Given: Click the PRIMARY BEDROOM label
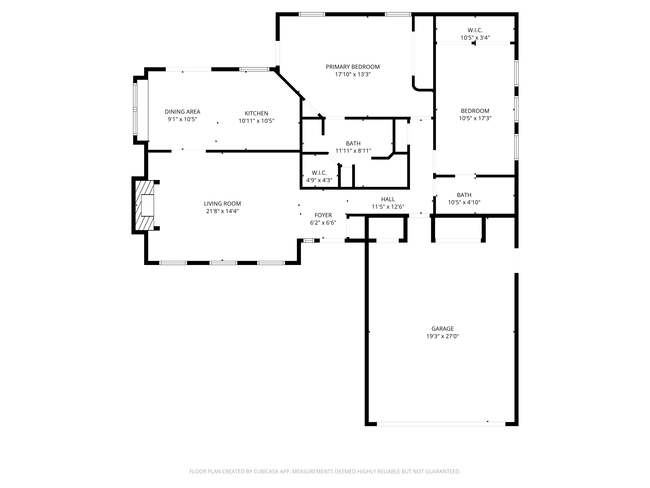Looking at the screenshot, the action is coord(353,67).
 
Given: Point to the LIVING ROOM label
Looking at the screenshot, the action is coord(222,203).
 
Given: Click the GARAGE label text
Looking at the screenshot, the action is coord(442,329).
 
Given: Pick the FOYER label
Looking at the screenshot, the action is coord(323,215).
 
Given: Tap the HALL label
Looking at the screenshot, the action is coord(388,199).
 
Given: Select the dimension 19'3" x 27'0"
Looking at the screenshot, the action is coord(442,336).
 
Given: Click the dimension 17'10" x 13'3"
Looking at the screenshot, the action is coord(353,75).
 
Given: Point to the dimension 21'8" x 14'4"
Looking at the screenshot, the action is coord(222,211).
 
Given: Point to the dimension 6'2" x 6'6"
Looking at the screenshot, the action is coord(323,223).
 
